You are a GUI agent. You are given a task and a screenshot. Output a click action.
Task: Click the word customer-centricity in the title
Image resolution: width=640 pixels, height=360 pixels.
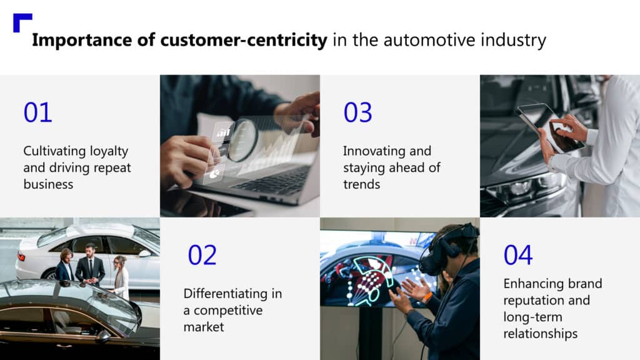(244, 41)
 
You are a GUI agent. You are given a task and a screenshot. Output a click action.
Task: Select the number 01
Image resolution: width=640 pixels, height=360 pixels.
(37, 112)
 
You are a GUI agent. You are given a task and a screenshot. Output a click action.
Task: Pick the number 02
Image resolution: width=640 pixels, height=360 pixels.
(202, 255)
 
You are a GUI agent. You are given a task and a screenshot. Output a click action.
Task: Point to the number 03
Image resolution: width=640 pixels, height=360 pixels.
(357, 112)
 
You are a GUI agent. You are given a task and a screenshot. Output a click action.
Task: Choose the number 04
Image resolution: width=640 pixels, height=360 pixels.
(518, 255)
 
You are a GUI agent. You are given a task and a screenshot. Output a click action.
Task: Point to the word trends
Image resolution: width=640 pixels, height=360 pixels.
(362, 184)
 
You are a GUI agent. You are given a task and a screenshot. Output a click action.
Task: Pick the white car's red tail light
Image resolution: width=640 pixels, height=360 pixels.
(22, 257)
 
